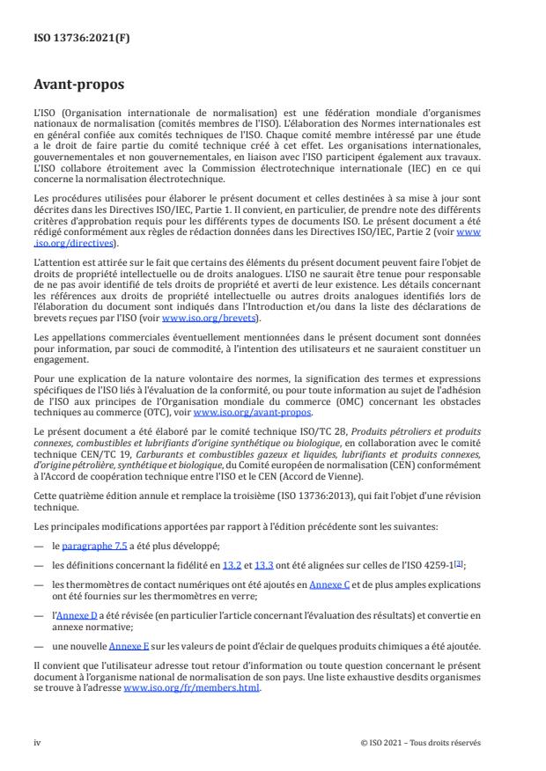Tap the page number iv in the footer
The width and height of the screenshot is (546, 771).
point(37,742)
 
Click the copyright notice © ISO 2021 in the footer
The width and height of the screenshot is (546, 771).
point(421,742)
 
